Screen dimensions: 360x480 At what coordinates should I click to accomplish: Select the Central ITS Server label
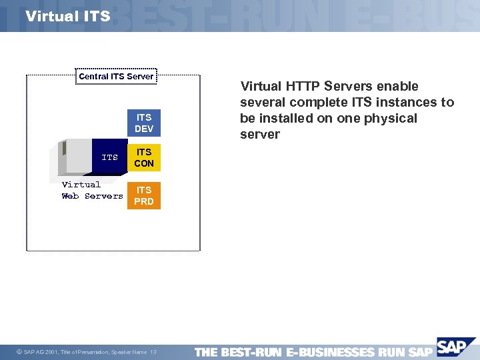click(x=116, y=77)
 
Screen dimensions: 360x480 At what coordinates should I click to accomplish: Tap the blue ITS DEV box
click(x=144, y=123)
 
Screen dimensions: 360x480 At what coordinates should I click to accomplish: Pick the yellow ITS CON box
click(x=144, y=158)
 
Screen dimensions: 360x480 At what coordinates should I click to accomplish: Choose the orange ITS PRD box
click(x=144, y=195)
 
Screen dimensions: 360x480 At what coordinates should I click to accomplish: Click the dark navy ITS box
click(x=109, y=158)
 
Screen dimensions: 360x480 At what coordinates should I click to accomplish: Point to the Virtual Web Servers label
click(x=92, y=191)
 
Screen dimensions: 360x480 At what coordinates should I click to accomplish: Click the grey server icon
click(x=75, y=157)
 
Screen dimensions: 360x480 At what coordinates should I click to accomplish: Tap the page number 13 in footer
click(x=153, y=352)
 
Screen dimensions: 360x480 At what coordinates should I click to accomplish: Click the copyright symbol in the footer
click(x=18, y=352)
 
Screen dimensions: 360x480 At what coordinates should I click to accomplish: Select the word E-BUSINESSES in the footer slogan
click(x=330, y=352)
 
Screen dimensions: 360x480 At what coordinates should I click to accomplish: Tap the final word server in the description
click(x=261, y=134)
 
